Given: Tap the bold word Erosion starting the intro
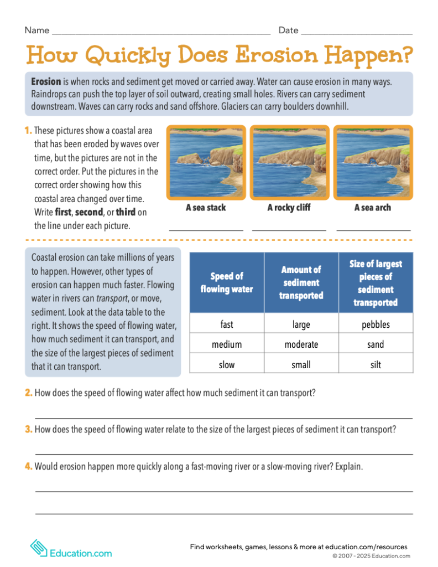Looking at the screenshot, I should click(46, 81).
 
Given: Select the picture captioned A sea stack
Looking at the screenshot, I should click(206, 162).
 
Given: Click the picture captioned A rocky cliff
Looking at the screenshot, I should click(289, 162).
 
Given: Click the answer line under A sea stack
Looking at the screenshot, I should click(206, 228).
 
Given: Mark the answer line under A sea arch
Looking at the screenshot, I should click(373, 228).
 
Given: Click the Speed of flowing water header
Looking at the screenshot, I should click(227, 282).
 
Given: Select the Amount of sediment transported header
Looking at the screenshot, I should click(301, 282).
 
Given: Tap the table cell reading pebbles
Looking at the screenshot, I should click(376, 324).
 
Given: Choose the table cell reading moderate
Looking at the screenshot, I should click(301, 344).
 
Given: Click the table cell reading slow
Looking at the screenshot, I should click(227, 364).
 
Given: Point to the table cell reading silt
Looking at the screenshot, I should click(376, 364).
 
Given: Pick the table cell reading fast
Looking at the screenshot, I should click(227, 324).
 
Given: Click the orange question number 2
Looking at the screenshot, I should click(28, 393).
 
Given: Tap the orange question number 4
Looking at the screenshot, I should click(28, 466).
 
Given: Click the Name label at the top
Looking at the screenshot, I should click(37, 30).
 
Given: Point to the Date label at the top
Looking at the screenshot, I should click(288, 30).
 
